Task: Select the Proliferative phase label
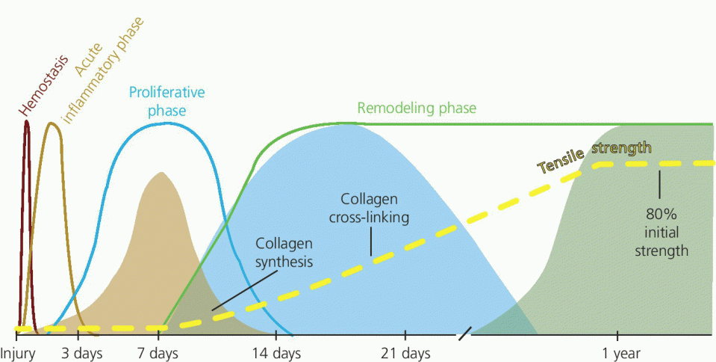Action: [x=166, y=101]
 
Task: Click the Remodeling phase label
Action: [x=417, y=108]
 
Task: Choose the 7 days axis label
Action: [x=158, y=354]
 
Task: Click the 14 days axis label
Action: [x=276, y=354]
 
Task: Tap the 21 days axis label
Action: [x=405, y=354]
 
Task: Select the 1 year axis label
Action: [x=617, y=354]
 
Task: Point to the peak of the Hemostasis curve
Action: [x=26, y=120]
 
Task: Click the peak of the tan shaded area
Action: [x=161, y=173]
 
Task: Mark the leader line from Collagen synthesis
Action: [x=244, y=289]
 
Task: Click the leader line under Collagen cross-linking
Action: [x=370, y=241]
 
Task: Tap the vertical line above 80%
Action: [x=659, y=185]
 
